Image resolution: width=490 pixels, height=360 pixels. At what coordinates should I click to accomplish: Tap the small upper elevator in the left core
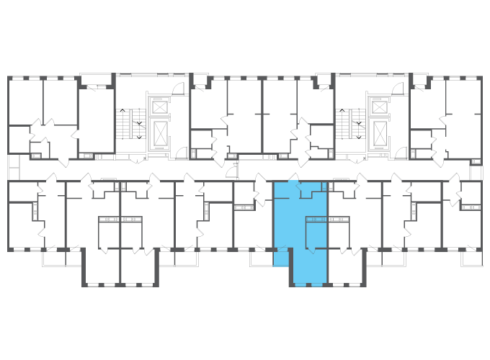(159, 107)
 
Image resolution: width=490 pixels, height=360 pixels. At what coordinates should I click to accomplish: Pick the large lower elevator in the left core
(159, 132)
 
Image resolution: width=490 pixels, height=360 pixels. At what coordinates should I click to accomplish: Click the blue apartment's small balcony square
(280, 257)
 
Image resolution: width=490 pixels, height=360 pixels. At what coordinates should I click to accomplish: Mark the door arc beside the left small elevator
(178, 89)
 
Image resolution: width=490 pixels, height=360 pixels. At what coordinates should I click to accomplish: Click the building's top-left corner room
(25, 101)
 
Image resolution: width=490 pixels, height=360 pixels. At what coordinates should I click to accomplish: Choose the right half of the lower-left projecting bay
(138, 266)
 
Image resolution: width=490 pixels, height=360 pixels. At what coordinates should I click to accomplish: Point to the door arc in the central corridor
(231, 170)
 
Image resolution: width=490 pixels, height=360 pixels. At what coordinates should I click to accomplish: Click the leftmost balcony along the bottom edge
(53, 258)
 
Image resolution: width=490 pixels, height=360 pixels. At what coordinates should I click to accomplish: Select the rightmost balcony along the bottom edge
(471, 258)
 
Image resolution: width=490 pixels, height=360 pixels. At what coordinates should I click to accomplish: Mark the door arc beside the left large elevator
(180, 153)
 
